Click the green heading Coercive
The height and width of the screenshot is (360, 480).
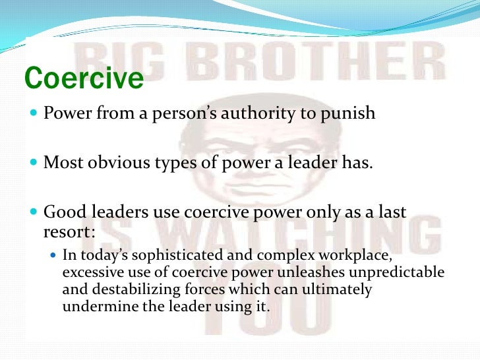click(x=84, y=78)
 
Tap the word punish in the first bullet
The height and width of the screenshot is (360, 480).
click(x=348, y=113)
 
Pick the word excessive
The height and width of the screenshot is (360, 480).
click(x=88, y=272)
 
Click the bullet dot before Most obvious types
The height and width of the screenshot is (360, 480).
click(x=34, y=162)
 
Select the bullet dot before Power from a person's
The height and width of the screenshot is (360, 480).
click(x=34, y=113)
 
